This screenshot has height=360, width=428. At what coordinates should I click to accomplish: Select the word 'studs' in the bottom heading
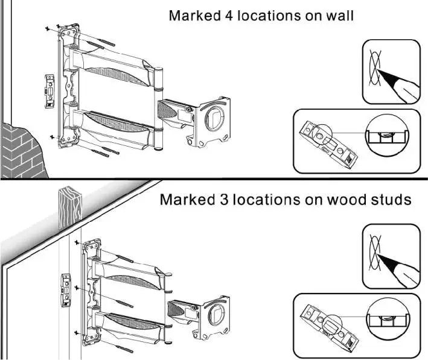pos(392,200)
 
